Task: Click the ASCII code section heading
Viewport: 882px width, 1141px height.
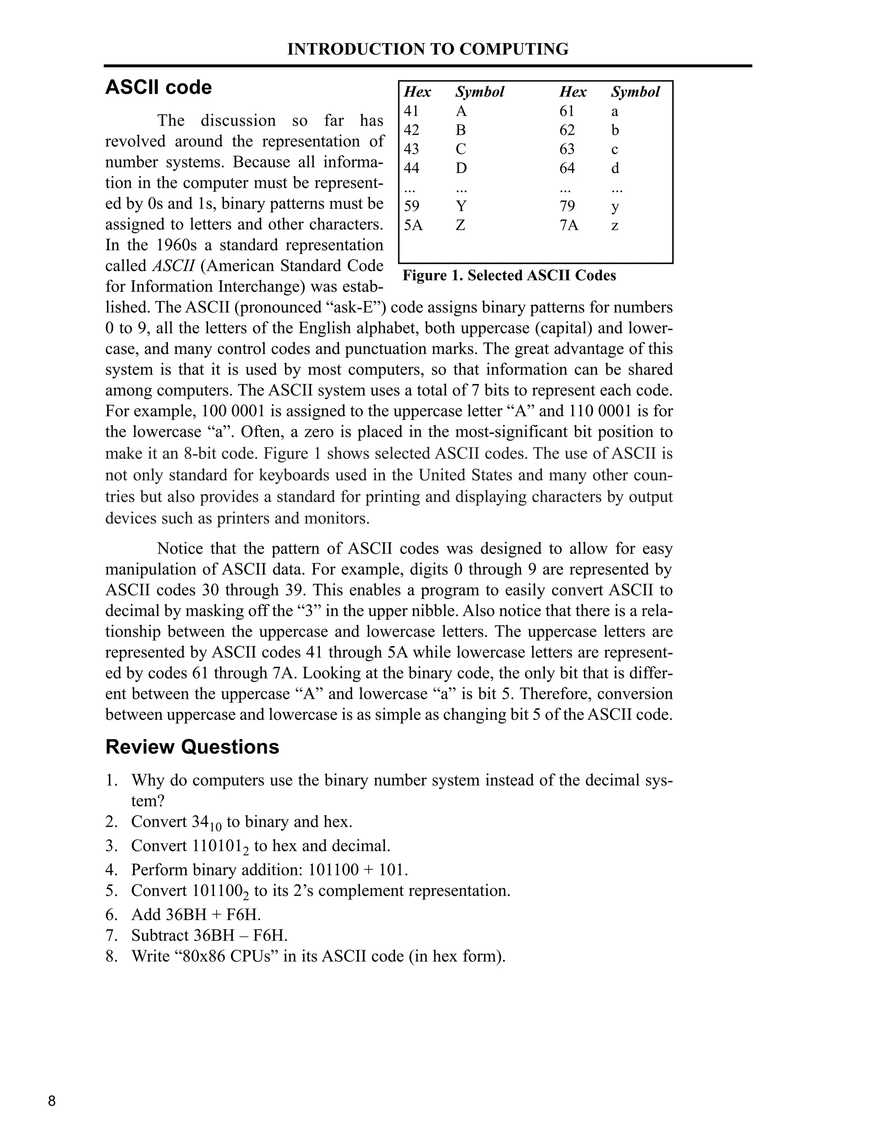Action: [158, 87]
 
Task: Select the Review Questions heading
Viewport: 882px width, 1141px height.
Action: [192, 747]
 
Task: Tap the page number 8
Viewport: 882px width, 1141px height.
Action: [52, 1101]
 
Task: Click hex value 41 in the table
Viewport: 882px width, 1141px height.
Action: [411, 111]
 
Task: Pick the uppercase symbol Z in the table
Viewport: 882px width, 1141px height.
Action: [460, 226]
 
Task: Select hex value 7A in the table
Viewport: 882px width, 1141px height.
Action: [568, 226]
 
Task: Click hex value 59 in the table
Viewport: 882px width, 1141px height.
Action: [412, 206]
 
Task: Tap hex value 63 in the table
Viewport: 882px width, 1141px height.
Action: [567, 149]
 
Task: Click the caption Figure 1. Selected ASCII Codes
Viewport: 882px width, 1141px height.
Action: [509, 275]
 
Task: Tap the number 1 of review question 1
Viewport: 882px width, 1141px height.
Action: [110, 780]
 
